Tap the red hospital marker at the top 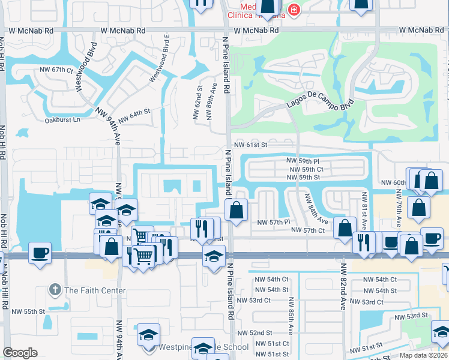[294, 9]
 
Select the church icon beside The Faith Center [56, 290]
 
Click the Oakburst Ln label [62, 120]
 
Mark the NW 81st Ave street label [364, 208]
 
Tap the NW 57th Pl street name [273, 222]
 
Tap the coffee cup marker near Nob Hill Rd [40, 253]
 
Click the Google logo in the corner [20, 353]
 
